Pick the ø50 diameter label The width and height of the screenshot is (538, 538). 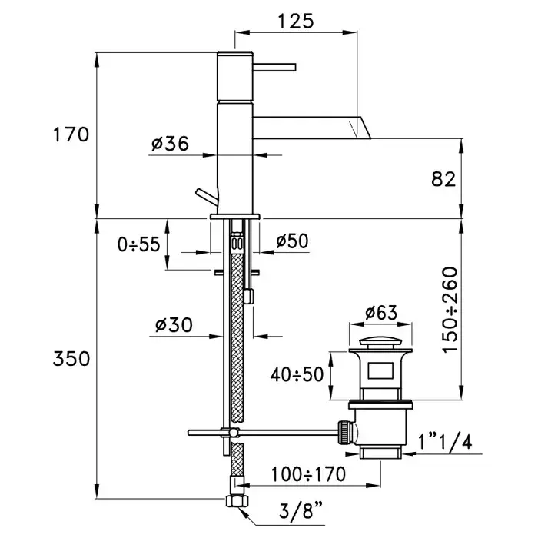[291, 241]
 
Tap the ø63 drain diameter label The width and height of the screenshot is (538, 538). [380, 313]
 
